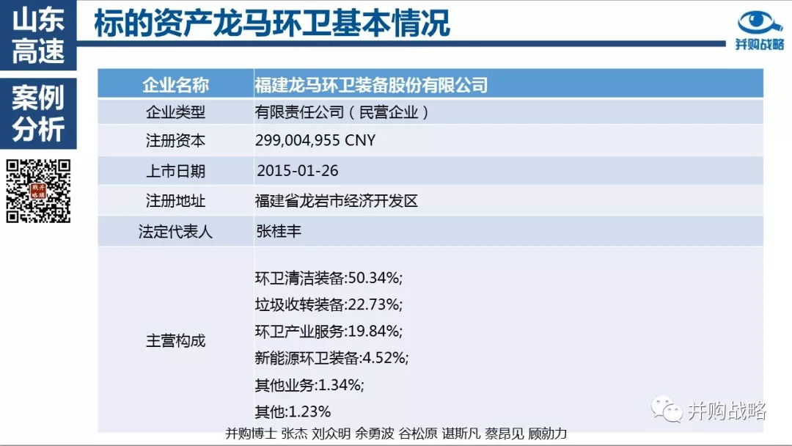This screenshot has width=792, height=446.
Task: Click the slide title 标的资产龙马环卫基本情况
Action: [x=272, y=24]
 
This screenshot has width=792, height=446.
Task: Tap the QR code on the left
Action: [x=39, y=191]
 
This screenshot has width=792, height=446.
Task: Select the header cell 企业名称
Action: [x=175, y=85]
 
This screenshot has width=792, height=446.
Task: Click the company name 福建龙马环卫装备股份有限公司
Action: [x=370, y=85]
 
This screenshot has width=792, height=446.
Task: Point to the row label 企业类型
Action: [x=175, y=112]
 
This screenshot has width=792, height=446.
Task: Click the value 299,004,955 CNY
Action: [x=315, y=140]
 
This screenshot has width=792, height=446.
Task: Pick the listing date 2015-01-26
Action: [x=298, y=170]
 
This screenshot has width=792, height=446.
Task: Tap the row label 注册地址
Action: [x=175, y=201]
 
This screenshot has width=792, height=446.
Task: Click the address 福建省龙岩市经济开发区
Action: [x=337, y=201]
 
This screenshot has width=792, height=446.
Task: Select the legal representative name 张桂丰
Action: [x=279, y=231]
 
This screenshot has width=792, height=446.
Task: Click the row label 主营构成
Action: [x=175, y=341]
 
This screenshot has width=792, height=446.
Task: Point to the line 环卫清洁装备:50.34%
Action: [x=329, y=278]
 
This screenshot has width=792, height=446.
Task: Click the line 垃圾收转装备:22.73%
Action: [x=329, y=304]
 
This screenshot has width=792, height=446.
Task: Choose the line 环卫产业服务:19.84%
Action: [x=329, y=331]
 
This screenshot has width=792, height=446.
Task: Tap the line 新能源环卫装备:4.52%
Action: [x=331, y=358]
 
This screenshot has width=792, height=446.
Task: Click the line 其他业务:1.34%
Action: [x=309, y=384]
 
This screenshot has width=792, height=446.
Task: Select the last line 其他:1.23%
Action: [x=293, y=411]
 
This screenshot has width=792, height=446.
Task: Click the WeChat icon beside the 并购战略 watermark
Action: [x=667, y=409]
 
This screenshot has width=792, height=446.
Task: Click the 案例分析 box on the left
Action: [x=38, y=114]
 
